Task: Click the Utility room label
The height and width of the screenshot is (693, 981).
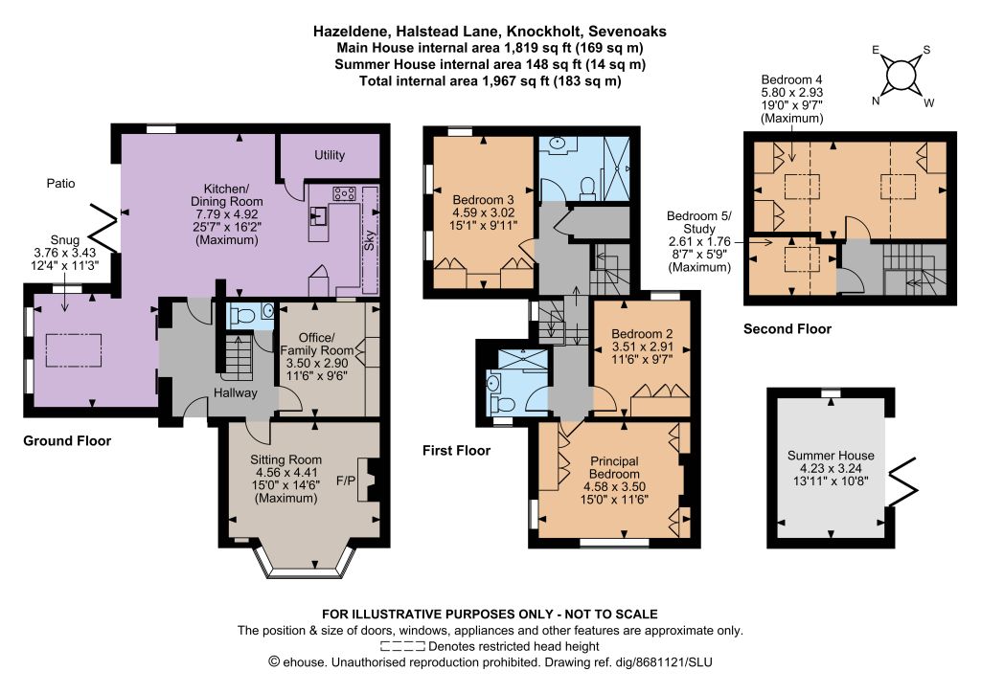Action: coord(330,155)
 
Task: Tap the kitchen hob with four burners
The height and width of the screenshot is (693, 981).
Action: coord(345,193)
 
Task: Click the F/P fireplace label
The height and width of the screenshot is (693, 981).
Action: coord(345,481)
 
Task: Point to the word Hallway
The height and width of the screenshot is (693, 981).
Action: coord(236,393)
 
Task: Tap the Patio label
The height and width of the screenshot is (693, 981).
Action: coord(60,183)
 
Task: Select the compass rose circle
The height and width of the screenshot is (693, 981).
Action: coord(901,76)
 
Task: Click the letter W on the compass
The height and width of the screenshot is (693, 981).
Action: coord(929,103)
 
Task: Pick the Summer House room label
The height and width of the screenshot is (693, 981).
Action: coord(831,456)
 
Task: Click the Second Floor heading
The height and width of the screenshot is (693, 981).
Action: coord(787,328)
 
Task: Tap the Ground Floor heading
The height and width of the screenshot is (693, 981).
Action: coord(67,440)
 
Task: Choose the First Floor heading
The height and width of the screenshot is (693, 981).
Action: coord(456,451)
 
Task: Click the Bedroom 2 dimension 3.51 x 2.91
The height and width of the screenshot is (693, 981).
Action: coord(643,346)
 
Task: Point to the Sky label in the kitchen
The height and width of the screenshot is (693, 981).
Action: coord(370,238)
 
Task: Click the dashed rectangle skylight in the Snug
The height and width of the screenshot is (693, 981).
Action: coord(74,351)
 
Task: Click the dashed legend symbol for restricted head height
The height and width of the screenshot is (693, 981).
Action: coord(402,646)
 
